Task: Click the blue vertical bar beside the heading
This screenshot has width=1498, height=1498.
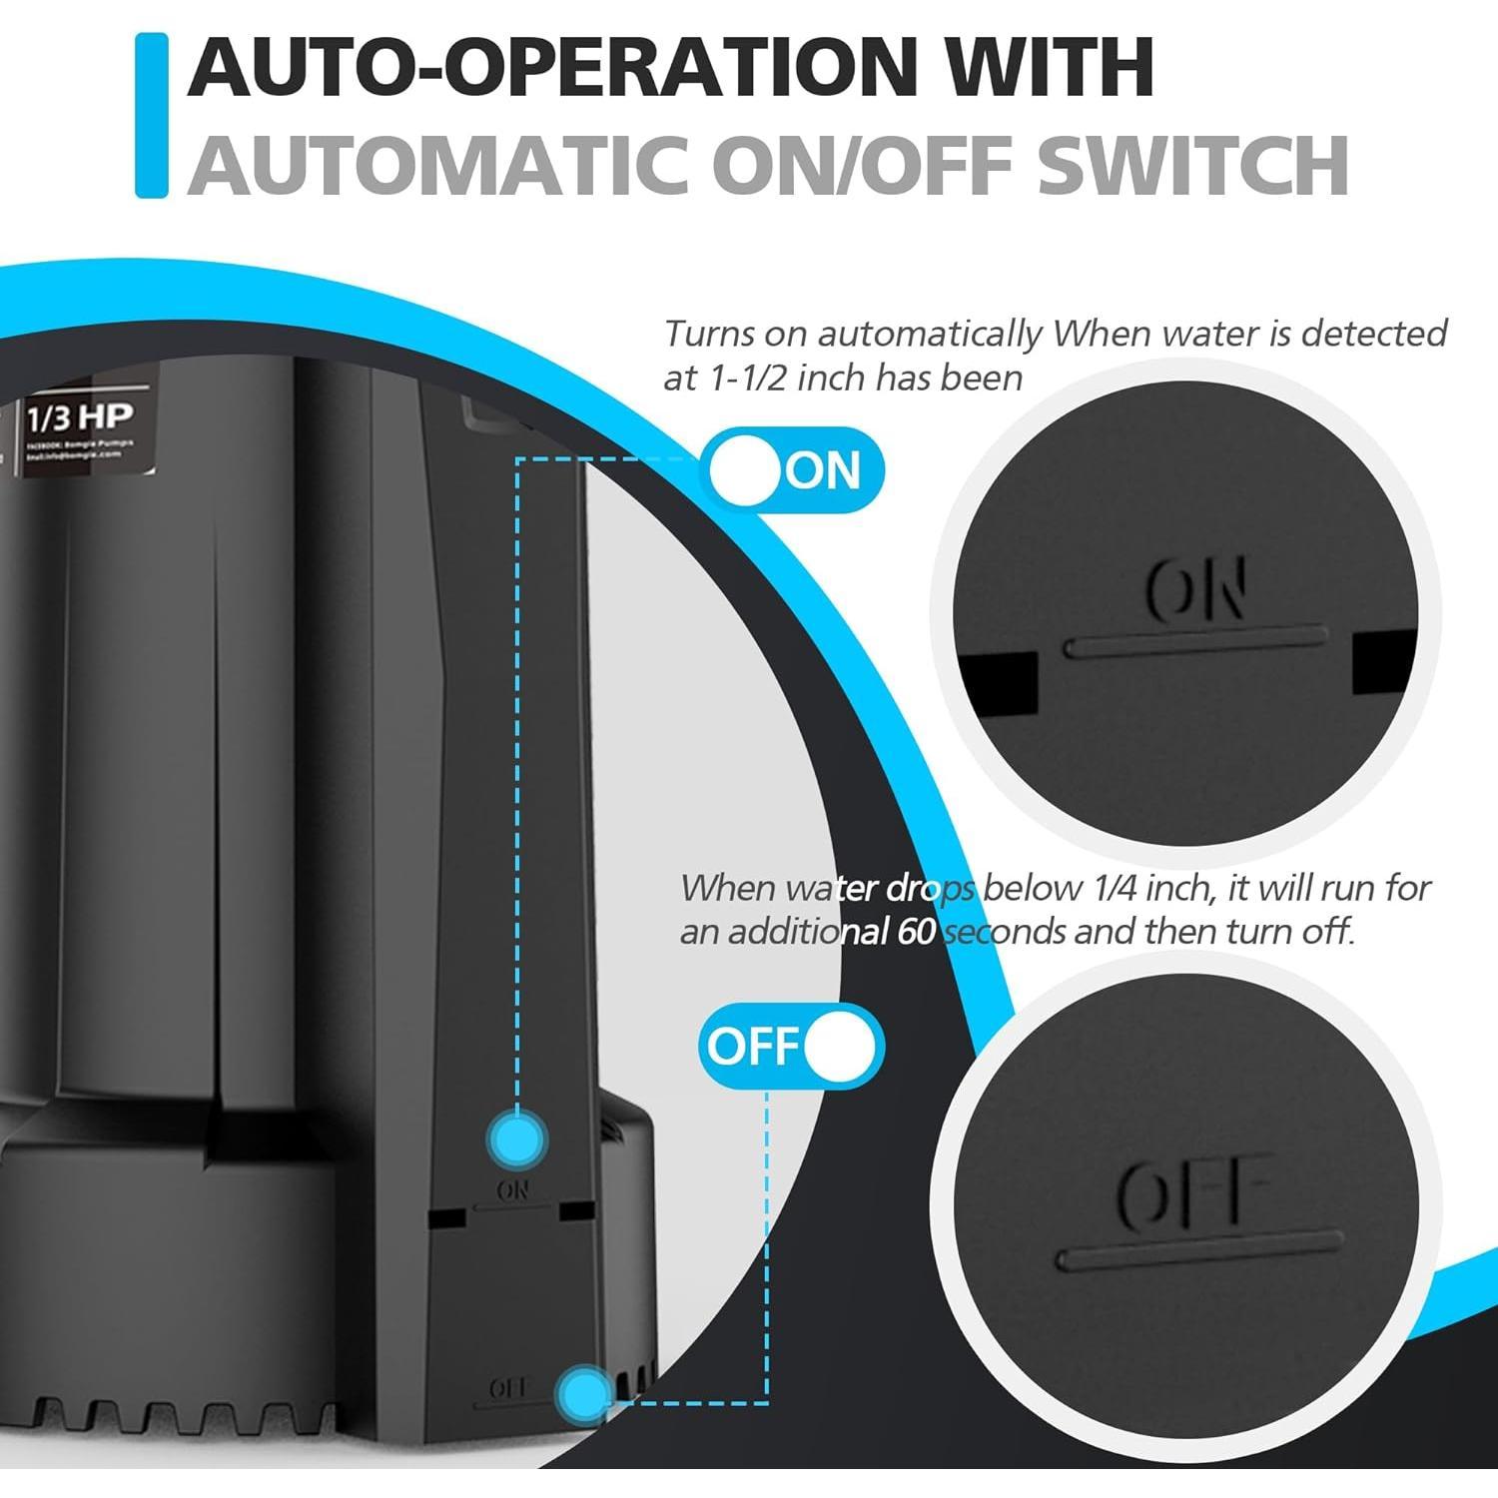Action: (x=151, y=115)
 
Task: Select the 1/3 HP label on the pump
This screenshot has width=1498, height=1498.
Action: (x=80, y=416)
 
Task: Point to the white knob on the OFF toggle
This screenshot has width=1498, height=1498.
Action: (x=839, y=1046)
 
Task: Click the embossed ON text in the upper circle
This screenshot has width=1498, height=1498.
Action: (x=1195, y=590)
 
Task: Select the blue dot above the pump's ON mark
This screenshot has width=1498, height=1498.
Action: (x=516, y=1138)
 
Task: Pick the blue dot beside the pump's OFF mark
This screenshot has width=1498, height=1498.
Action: (x=585, y=1392)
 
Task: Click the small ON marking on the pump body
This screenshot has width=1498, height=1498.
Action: (x=513, y=1190)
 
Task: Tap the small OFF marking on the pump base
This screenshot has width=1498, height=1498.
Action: (x=508, y=1388)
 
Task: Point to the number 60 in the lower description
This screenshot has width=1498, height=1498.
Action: (x=915, y=932)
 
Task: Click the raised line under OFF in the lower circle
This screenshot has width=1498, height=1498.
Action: (x=1198, y=1250)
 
